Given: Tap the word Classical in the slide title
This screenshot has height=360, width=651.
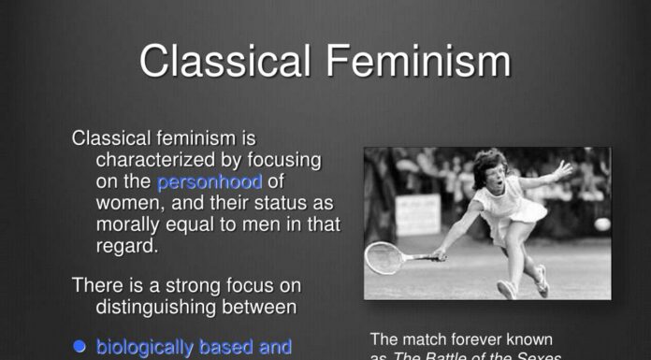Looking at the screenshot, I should coord(225,61).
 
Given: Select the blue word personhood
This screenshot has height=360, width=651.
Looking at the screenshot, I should coord(210,181).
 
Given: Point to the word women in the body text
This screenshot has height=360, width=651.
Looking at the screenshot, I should coord(126,203).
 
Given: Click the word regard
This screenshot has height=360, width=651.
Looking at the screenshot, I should coord(125,246).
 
